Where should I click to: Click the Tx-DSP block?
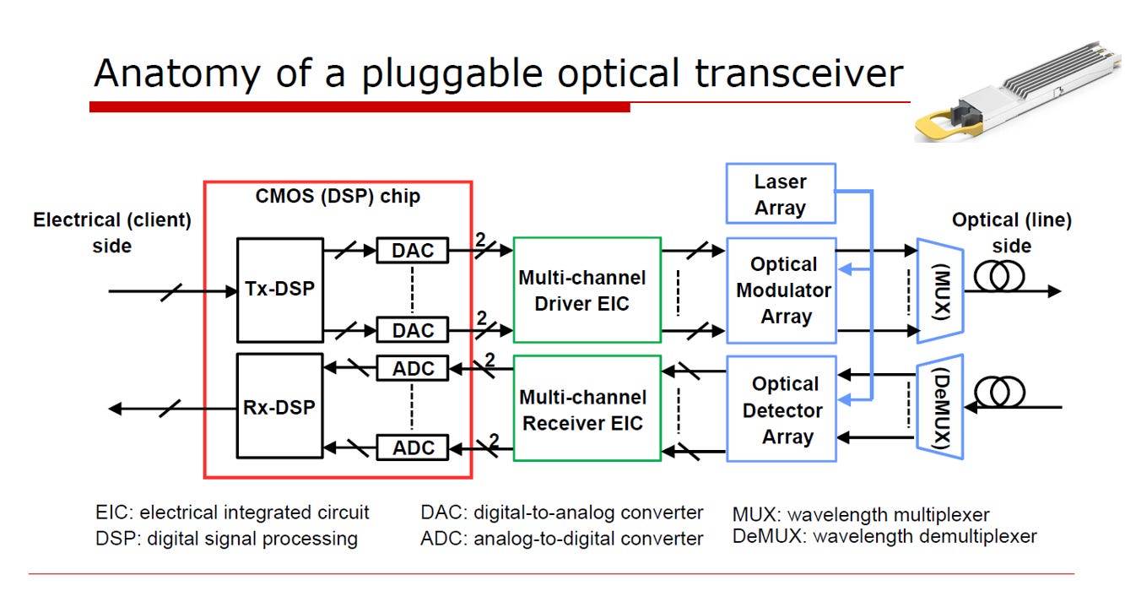(x=279, y=290)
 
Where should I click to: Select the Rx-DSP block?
(x=279, y=406)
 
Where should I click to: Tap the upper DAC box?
(x=413, y=250)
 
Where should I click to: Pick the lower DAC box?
(x=413, y=330)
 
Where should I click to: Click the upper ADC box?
(x=413, y=368)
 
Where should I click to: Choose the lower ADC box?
(x=413, y=447)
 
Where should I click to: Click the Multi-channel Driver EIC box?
(x=587, y=290)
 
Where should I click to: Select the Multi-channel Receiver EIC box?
(x=587, y=408)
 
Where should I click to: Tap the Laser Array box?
(x=781, y=193)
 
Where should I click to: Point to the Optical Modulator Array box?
(x=782, y=290)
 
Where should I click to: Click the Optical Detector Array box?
(x=782, y=409)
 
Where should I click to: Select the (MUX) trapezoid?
(x=940, y=291)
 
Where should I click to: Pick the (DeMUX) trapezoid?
(x=940, y=407)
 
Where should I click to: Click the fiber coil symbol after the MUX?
(x=999, y=276)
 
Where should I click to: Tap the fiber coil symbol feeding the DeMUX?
(x=999, y=392)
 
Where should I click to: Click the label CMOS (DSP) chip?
(x=338, y=197)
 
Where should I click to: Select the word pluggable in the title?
(x=452, y=74)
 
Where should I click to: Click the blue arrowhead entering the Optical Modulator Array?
(x=846, y=269)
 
